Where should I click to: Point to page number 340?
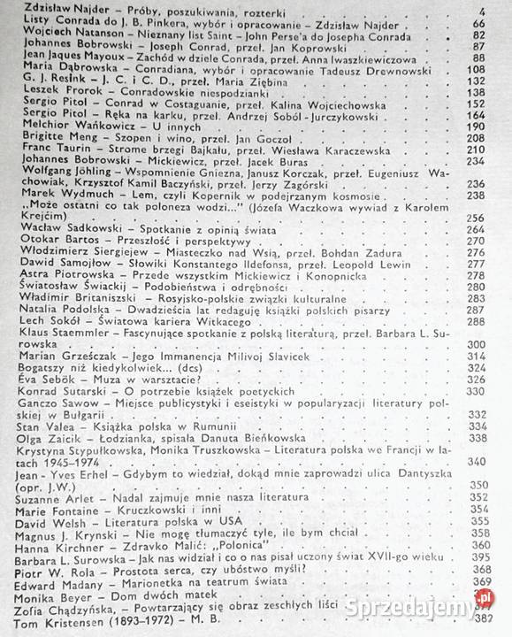[479, 460]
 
